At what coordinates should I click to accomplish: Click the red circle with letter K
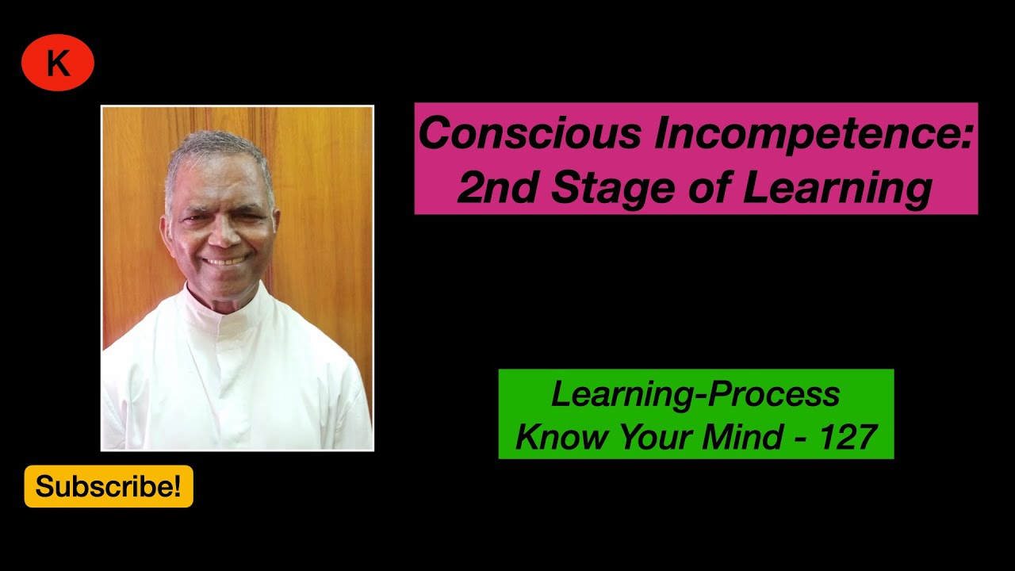[58, 63]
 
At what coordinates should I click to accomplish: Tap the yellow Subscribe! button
[109, 486]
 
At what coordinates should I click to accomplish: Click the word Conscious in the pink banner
[529, 133]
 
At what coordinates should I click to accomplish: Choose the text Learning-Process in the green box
[695, 394]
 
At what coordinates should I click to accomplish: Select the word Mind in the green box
[760, 437]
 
